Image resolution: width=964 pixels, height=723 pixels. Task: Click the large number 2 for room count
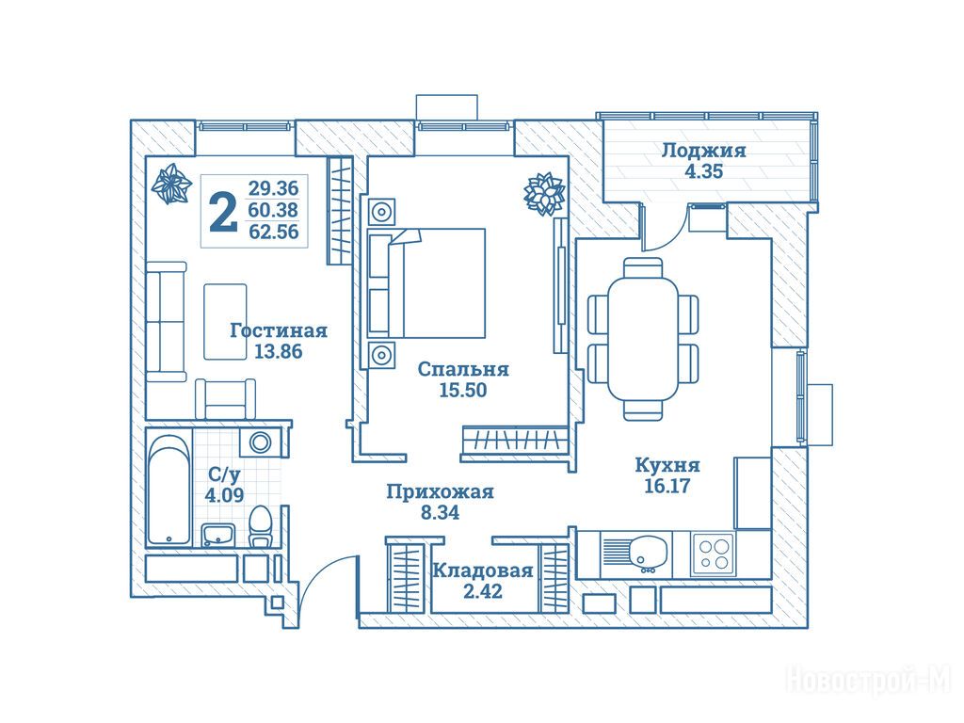[222, 211]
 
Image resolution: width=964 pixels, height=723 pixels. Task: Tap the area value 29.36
[273, 187]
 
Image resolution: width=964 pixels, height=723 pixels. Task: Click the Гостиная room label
[279, 330]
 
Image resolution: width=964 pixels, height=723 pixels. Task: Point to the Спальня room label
[464, 370]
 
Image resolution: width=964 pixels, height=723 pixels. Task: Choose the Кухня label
[667, 465]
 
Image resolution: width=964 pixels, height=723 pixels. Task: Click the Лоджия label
[703, 151]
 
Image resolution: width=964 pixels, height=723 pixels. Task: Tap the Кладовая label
[482, 570]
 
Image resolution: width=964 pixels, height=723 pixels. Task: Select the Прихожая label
[440, 491]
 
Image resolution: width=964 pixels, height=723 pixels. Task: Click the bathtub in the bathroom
[169, 488]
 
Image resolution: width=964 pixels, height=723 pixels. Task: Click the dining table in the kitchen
[644, 339]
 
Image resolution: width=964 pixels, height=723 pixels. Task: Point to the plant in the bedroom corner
[543, 193]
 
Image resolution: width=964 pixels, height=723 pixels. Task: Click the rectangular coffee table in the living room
[225, 320]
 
